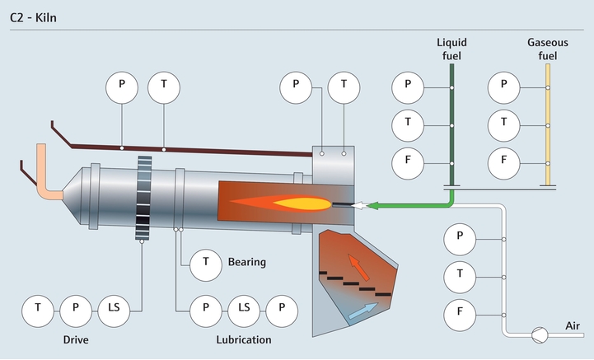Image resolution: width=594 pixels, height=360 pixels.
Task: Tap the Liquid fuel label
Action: click(x=451, y=49)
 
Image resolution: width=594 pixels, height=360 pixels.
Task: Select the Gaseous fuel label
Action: click(x=547, y=49)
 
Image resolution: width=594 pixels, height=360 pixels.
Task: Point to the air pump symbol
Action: click(x=539, y=333)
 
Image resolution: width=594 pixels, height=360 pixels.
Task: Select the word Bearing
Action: click(x=247, y=263)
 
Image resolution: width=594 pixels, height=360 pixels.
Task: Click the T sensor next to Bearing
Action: click(x=205, y=264)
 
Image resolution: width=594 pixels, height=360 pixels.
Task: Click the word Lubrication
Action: click(x=243, y=339)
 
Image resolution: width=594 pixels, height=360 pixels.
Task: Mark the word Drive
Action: click(x=76, y=339)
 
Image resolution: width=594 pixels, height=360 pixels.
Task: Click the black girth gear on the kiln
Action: click(x=145, y=198)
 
